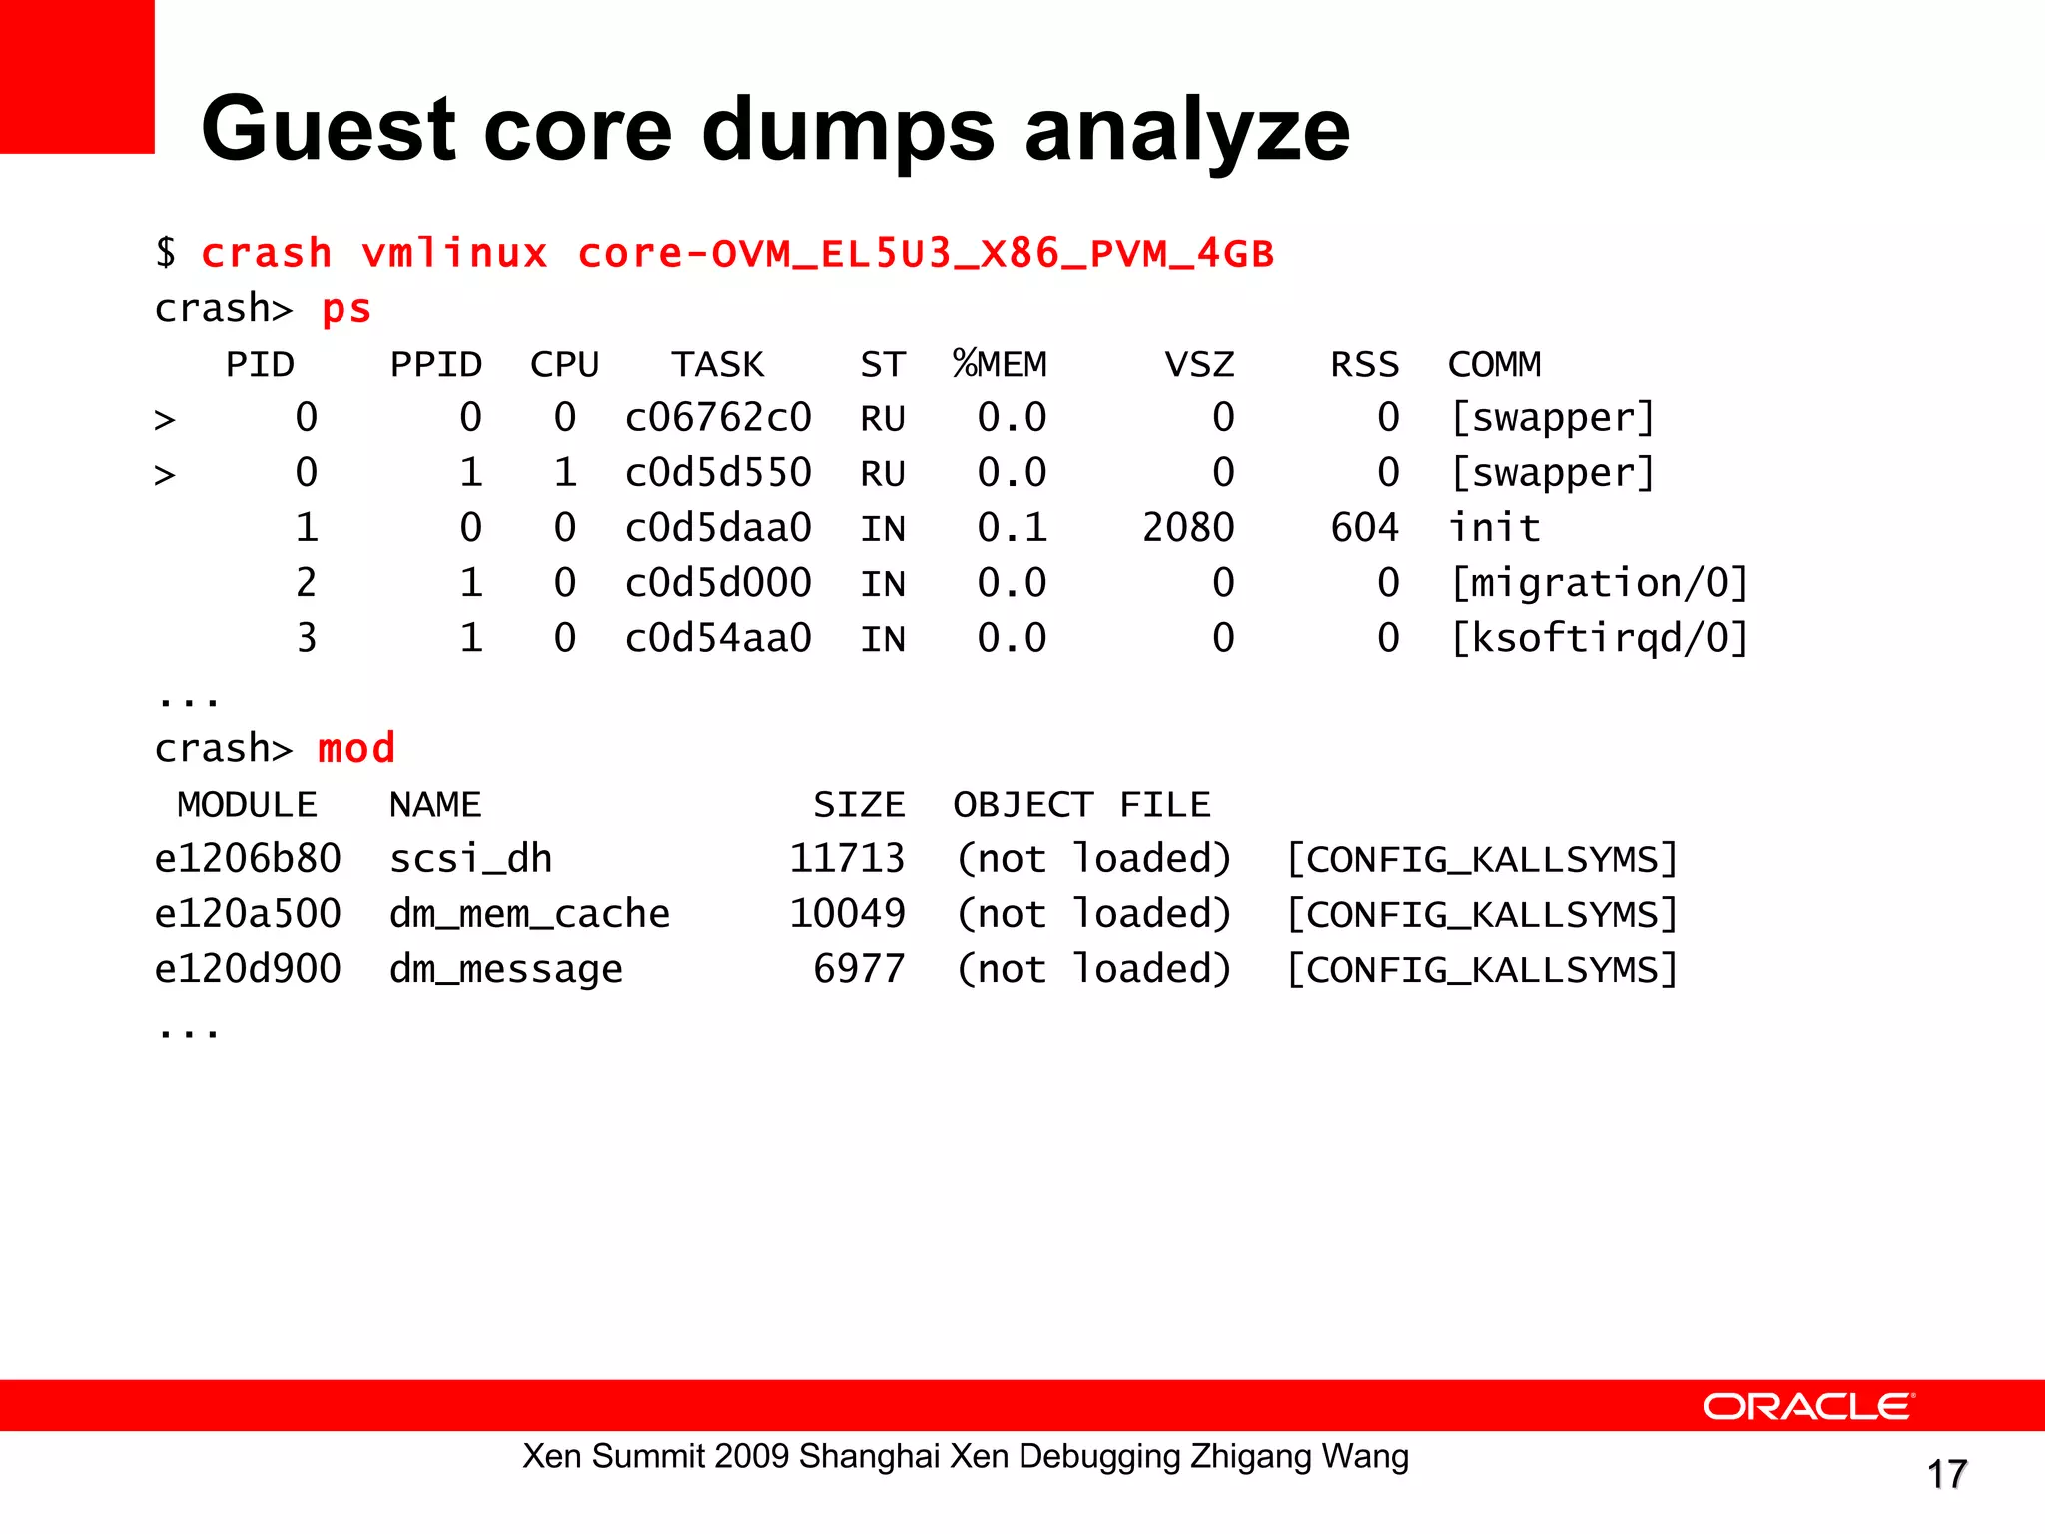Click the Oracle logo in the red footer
click(1808, 1406)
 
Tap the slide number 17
click(1946, 1474)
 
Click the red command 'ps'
click(346, 309)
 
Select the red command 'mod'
click(356, 748)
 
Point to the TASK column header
click(717, 364)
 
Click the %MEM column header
click(1000, 364)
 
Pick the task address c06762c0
click(718, 417)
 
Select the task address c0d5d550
click(718, 472)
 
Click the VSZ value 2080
click(1188, 527)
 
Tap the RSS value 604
click(1364, 527)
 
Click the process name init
click(1494, 527)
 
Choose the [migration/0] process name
click(1599, 583)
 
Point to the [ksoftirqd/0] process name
click(1599, 638)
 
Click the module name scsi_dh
click(470, 859)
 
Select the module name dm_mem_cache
click(529, 914)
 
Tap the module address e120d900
click(248, 969)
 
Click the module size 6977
click(859, 969)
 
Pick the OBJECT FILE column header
click(1081, 804)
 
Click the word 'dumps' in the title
click(848, 130)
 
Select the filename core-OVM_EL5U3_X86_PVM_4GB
click(926, 254)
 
